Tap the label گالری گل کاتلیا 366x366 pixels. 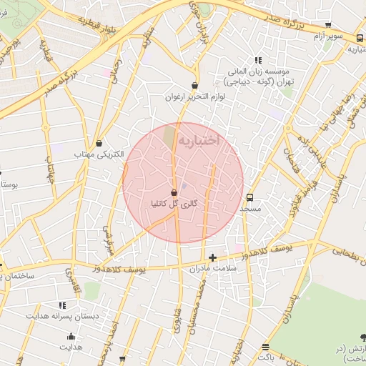(x=172, y=204)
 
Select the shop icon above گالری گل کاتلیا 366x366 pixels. (x=174, y=192)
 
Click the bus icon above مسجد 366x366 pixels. (x=249, y=197)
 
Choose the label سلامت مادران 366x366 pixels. (x=212, y=268)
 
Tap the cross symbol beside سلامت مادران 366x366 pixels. (x=212, y=257)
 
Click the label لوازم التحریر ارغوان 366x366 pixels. (x=195, y=97)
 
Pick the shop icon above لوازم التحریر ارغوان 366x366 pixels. (x=194, y=86)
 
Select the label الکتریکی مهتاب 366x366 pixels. (x=98, y=154)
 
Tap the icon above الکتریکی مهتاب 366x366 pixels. (x=98, y=144)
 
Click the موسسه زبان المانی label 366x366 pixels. (x=257, y=72)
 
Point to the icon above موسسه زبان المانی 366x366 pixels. (x=257, y=61)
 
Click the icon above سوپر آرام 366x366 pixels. (x=328, y=25)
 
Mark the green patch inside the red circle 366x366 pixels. (x=169, y=134)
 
